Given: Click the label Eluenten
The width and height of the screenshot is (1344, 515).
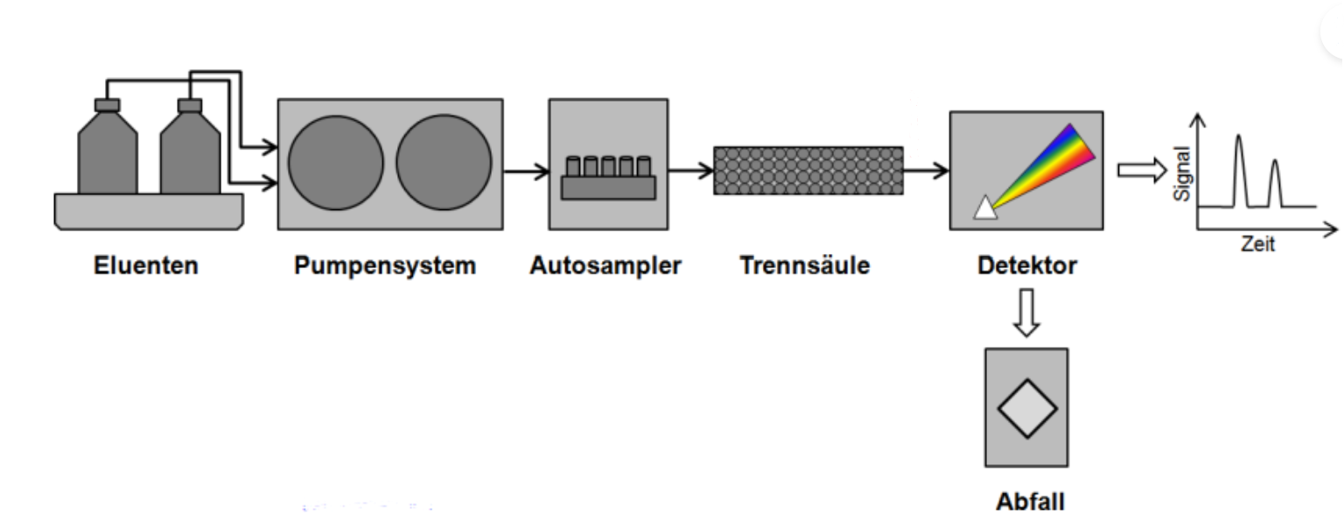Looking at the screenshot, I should (146, 265).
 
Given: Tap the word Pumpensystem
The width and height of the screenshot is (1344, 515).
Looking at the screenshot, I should (385, 265).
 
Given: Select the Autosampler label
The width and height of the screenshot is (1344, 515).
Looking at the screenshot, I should (605, 265).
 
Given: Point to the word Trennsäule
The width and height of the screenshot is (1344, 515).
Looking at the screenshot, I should (805, 265).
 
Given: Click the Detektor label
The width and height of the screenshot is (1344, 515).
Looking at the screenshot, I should (1026, 265).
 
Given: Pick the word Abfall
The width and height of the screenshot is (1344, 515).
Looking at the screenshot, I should (1030, 502).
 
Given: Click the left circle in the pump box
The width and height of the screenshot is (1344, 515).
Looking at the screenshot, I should (336, 164).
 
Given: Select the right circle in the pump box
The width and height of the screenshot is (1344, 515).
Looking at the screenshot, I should (444, 164).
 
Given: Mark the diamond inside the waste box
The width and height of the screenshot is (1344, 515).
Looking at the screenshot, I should (1027, 408).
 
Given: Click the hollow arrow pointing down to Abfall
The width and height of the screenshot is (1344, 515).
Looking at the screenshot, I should (1026, 312).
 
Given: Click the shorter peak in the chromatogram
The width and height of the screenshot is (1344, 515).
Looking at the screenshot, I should (1274, 181).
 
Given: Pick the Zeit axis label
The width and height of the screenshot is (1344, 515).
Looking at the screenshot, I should (1257, 244).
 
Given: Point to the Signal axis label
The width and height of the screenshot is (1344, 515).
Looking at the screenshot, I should (1182, 173).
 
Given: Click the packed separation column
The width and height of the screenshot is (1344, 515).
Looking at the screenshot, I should (808, 170).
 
